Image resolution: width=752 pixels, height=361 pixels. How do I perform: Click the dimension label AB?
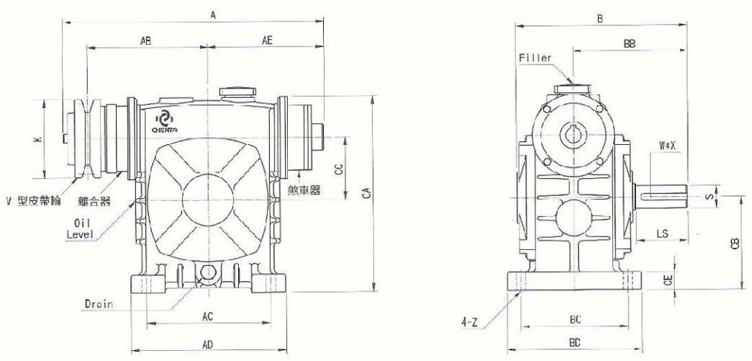[146, 41]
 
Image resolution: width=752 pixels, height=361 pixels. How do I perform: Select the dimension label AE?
[267, 41]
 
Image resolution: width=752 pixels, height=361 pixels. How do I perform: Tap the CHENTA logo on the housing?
[165, 121]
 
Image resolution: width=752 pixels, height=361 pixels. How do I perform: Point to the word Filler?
[535, 58]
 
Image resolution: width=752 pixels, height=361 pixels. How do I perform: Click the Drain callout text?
[99, 304]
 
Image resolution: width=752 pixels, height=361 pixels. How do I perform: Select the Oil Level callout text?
[79, 229]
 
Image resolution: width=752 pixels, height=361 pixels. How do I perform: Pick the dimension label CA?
[366, 192]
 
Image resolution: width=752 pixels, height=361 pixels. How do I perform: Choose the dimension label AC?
[207, 316]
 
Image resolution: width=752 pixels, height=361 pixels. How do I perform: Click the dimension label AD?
[207, 344]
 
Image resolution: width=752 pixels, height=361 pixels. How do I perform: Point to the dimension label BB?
[630, 44]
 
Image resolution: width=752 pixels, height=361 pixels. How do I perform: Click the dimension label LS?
[662, 233]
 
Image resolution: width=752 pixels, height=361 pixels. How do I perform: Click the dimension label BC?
[576, 319]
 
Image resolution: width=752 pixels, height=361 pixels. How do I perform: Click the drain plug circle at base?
[208, 272]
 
